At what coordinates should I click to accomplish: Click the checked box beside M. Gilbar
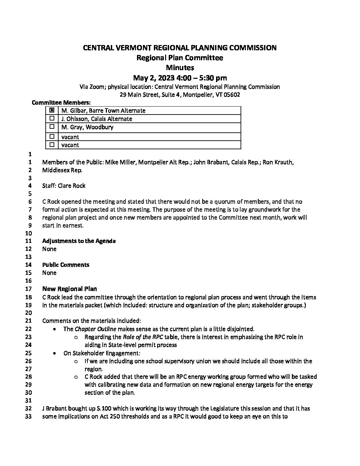52,111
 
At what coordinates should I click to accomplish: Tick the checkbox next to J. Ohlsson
52,118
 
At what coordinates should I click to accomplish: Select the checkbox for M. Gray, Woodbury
52,127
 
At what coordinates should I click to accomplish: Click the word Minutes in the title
180,68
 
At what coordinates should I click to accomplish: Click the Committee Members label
61,103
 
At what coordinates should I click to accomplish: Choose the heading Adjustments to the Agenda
79,241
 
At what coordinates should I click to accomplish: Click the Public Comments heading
66,265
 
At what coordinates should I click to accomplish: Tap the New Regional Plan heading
69,289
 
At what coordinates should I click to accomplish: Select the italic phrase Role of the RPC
142,337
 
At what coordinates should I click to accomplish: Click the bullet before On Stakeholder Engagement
54,353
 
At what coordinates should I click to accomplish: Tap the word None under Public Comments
49,273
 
